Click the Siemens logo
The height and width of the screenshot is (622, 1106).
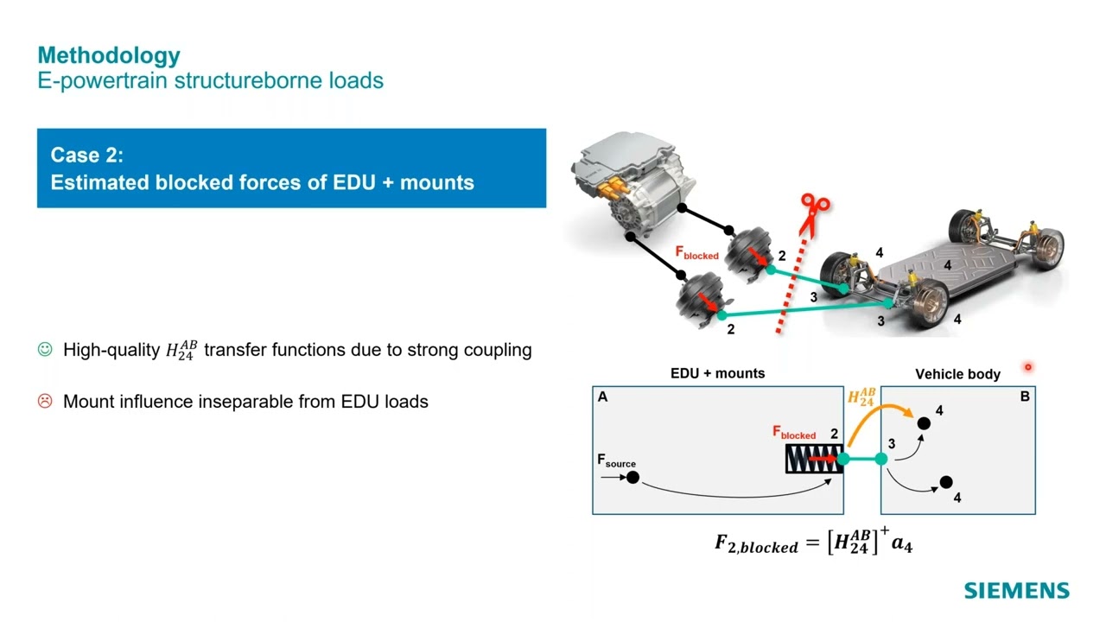coord(1016,591)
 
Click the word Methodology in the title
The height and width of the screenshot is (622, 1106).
coord(109,55)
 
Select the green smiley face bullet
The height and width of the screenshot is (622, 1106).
coord(46,350)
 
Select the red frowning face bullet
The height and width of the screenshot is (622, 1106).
coord(46,401)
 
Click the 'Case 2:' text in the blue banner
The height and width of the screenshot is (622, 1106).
coord(87,155)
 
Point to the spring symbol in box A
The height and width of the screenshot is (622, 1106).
coord(812,460)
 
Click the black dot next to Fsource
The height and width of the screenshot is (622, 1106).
coord(632,477)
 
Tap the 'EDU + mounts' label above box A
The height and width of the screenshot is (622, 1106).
coord(717,373)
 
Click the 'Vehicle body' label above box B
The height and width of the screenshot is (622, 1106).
coord(957,374)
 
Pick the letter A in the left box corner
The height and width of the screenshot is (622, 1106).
coord(602,397)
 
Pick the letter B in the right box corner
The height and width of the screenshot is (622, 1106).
coord(1025,397)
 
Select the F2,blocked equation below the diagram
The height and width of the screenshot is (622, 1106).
coord(813,543)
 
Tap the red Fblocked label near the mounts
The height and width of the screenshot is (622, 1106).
coord(696,253)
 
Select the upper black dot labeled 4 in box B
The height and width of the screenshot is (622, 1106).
coord(924,423)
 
